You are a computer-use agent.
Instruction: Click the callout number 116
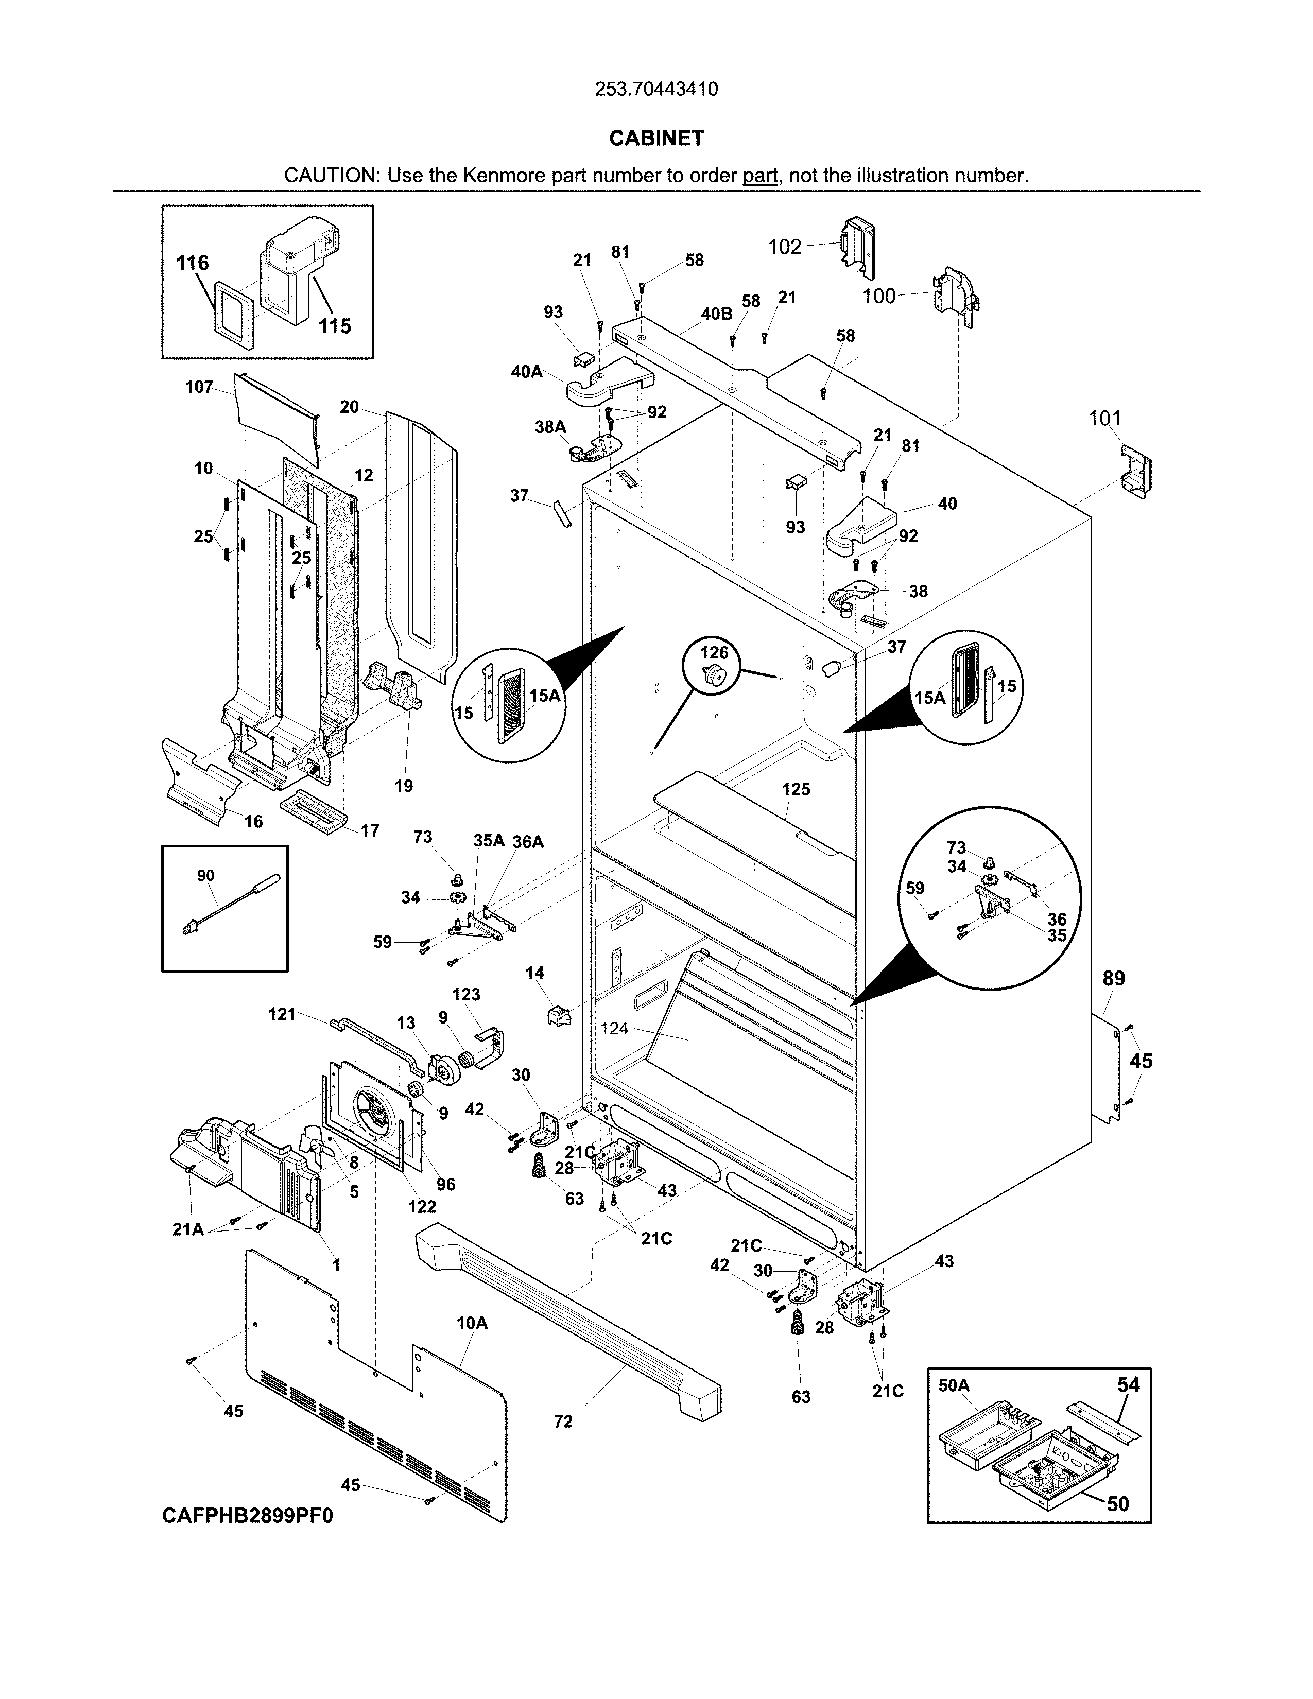(x=192, y=263)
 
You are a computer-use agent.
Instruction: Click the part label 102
(x=784, y=247)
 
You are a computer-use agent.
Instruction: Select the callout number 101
(x=1104, y=419)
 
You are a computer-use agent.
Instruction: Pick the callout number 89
(x=1114, y=979)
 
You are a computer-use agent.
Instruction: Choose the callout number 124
(x=614, y=1029)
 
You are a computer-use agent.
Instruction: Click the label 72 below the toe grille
(x=563, y=1421)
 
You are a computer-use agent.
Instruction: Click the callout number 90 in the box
(x=205, y=876)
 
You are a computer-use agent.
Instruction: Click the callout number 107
(x=199, y=387)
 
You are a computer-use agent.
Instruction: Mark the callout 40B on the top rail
(x=716, y=314)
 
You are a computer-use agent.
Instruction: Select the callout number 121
(x=282, y=1014)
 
